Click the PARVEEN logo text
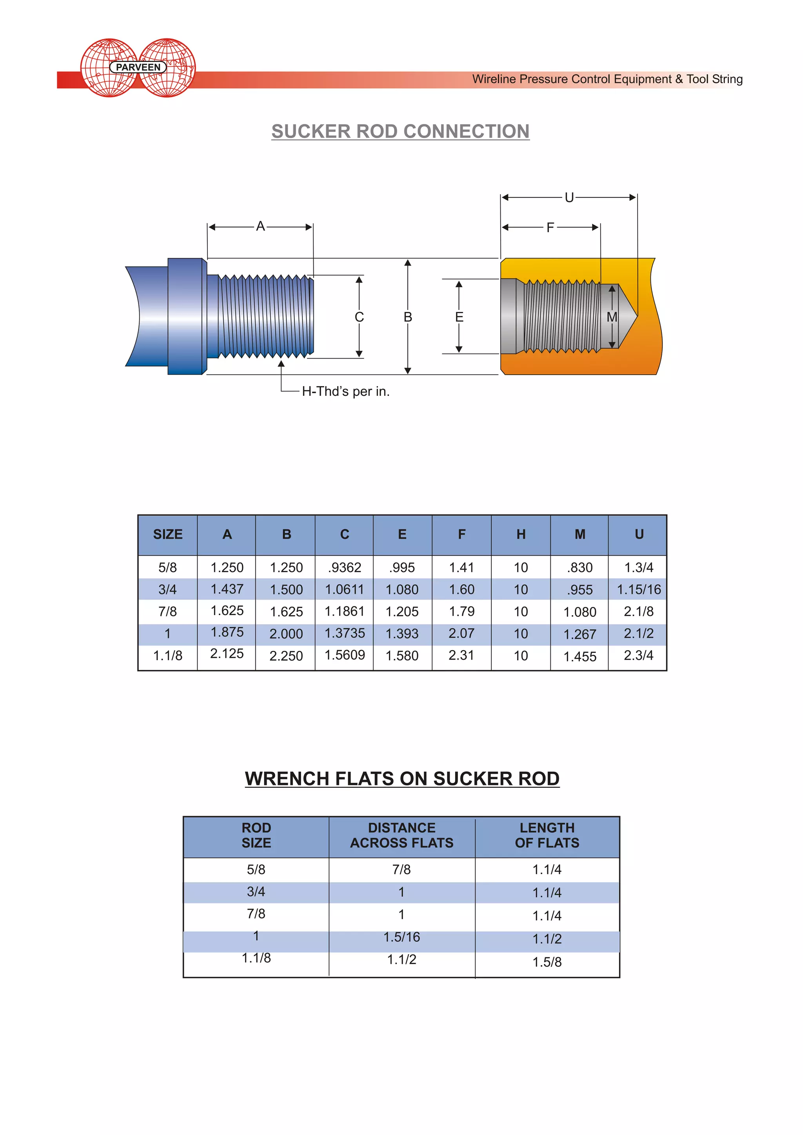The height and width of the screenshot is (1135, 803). (x=138, y=67)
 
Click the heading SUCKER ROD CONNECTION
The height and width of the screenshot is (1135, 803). (x=400, y=131)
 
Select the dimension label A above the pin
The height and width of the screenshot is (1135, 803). (x=261, y=227)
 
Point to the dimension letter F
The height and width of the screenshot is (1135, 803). (x=550, y=228)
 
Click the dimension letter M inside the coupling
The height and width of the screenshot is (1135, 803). (x=612, y=317)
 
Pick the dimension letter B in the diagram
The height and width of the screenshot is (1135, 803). (x=407, y=317)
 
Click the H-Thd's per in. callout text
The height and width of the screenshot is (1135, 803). (x=345, y=392)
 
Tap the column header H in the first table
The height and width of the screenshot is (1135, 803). (x=521, y=534)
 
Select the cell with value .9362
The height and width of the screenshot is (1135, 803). (x=344, y=567)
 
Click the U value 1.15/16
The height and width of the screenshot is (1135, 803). (x=638, y=589)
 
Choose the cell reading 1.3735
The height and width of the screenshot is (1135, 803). (x=344, y=633)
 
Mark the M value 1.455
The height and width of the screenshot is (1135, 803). (x=580, y=657)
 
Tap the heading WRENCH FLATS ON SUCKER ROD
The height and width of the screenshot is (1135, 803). (x=401, y=779)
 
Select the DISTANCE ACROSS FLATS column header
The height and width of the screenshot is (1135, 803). (x=401, y=835)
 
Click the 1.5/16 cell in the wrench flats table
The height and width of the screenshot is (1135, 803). (x=401, y=937)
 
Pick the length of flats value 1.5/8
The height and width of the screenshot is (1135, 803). (x=547, y=962)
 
